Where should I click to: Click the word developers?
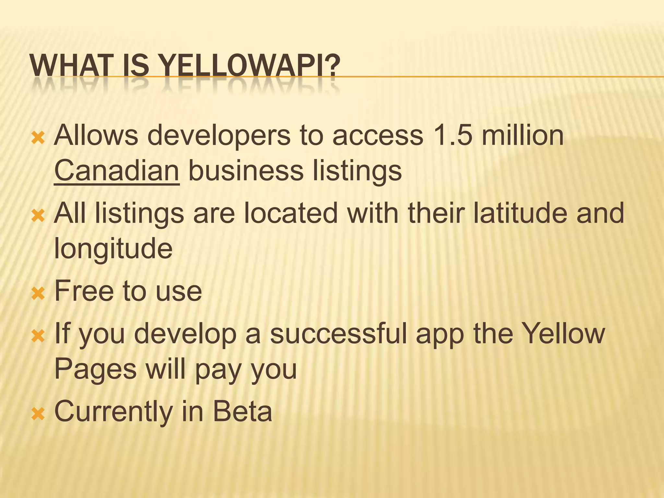tap(219, 136)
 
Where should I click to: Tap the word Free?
tap(84, 291)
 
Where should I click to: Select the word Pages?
tap(95, 370)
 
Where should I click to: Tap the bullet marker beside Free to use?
tap(38, 293)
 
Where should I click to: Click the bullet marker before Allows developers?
tap(38, 138)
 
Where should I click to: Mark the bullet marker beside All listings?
tap(38, 216)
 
